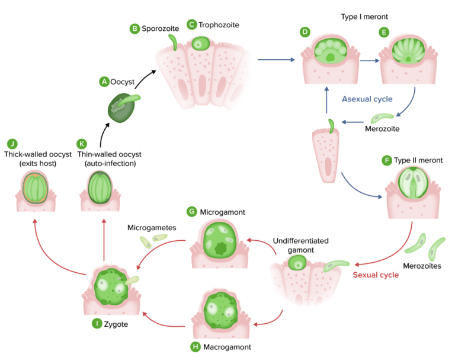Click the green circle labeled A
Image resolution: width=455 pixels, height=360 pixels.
pos(104,81)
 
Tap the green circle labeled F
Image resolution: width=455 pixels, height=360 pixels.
pos(387,160)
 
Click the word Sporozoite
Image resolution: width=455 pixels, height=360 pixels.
pos(159,28)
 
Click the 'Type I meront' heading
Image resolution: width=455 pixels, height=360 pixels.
pos(365,16)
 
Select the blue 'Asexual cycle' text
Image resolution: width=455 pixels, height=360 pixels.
pos(367,99)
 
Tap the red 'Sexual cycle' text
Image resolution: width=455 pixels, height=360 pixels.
pos(375,275)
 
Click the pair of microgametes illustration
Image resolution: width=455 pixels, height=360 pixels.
pos(152,240)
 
